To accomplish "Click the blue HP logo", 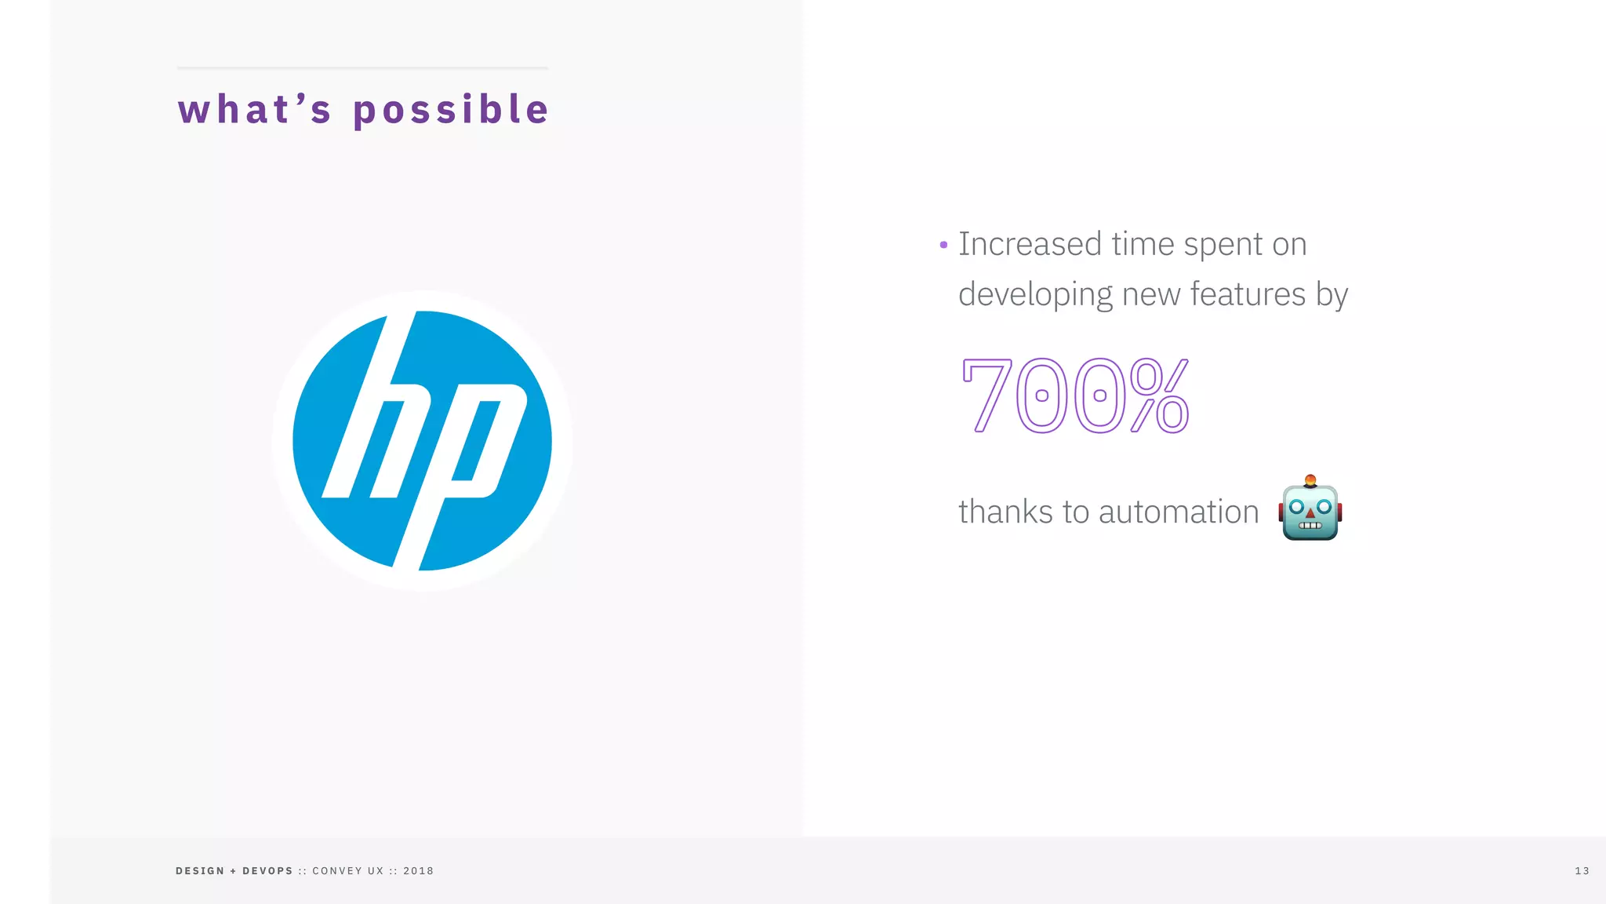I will point(422,440).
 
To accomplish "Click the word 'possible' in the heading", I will point(451,109).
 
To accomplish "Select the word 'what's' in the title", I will point(255,109).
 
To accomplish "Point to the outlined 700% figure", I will point(1075,395).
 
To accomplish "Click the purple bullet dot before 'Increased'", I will point(943,245).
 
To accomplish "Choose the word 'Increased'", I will point(1030,244).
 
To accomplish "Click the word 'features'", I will point(1248,294).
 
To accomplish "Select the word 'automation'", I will point(1179,512).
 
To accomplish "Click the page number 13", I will point(1582,871).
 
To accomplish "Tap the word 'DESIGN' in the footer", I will point(200,871).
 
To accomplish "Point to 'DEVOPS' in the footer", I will point(267,871).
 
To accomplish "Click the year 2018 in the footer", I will point(418,871).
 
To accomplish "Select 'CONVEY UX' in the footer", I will point(348,871).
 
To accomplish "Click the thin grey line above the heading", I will point(362,67).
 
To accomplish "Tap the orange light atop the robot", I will point(1310,479).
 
